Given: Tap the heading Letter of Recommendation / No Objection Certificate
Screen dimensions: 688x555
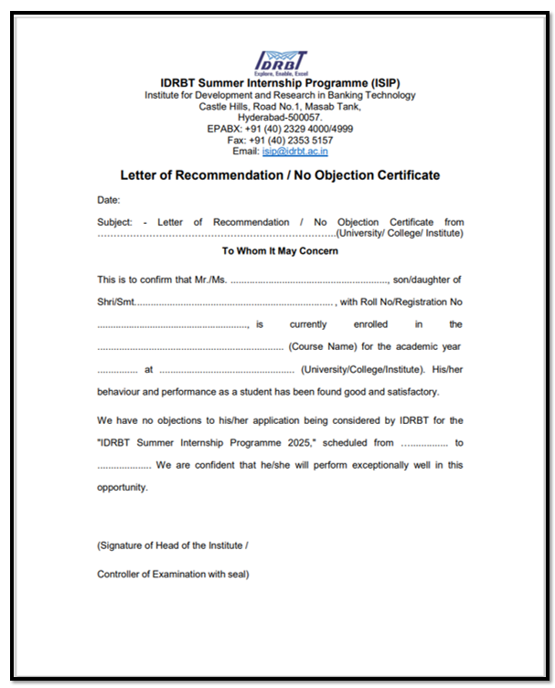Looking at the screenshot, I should (280, 175).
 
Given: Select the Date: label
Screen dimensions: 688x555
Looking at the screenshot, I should (109, 199).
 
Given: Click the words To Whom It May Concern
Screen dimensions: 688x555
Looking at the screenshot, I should (280, 250).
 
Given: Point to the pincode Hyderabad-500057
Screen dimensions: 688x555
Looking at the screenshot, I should (280, 118).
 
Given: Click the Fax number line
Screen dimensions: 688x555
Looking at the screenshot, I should (280, 141).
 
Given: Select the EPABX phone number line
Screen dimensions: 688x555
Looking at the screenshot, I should (280, 129).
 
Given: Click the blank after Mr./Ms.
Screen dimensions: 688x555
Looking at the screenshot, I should (310, 280).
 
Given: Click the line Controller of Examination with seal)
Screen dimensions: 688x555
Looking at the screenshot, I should (174, 574).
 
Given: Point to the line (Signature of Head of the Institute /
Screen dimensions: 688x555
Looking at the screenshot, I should (173, 545).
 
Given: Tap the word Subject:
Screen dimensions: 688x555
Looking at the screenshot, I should (115, 222).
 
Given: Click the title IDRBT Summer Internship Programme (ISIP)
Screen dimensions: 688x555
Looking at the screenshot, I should (280, 82).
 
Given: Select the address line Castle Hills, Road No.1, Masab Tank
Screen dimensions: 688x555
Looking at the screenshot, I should (280, 106).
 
